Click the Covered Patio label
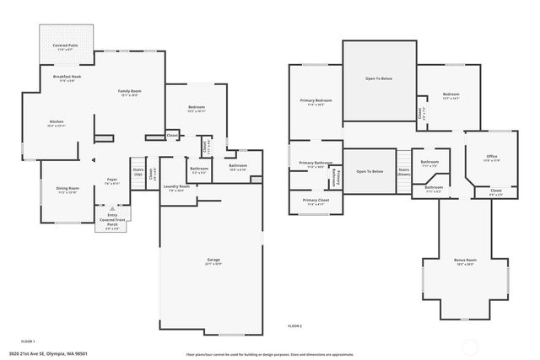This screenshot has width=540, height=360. [65, 46]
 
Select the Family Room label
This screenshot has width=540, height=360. [129, 92]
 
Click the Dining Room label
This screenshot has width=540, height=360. [67, 190]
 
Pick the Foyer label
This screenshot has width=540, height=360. [111, 180]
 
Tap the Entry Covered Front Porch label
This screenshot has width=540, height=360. [112, 222]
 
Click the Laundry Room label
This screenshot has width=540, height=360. [176, 188]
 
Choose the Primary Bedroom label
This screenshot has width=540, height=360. [316, 102]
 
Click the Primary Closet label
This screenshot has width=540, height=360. [316, 201]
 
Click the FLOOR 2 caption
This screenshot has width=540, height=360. [294, 326]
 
